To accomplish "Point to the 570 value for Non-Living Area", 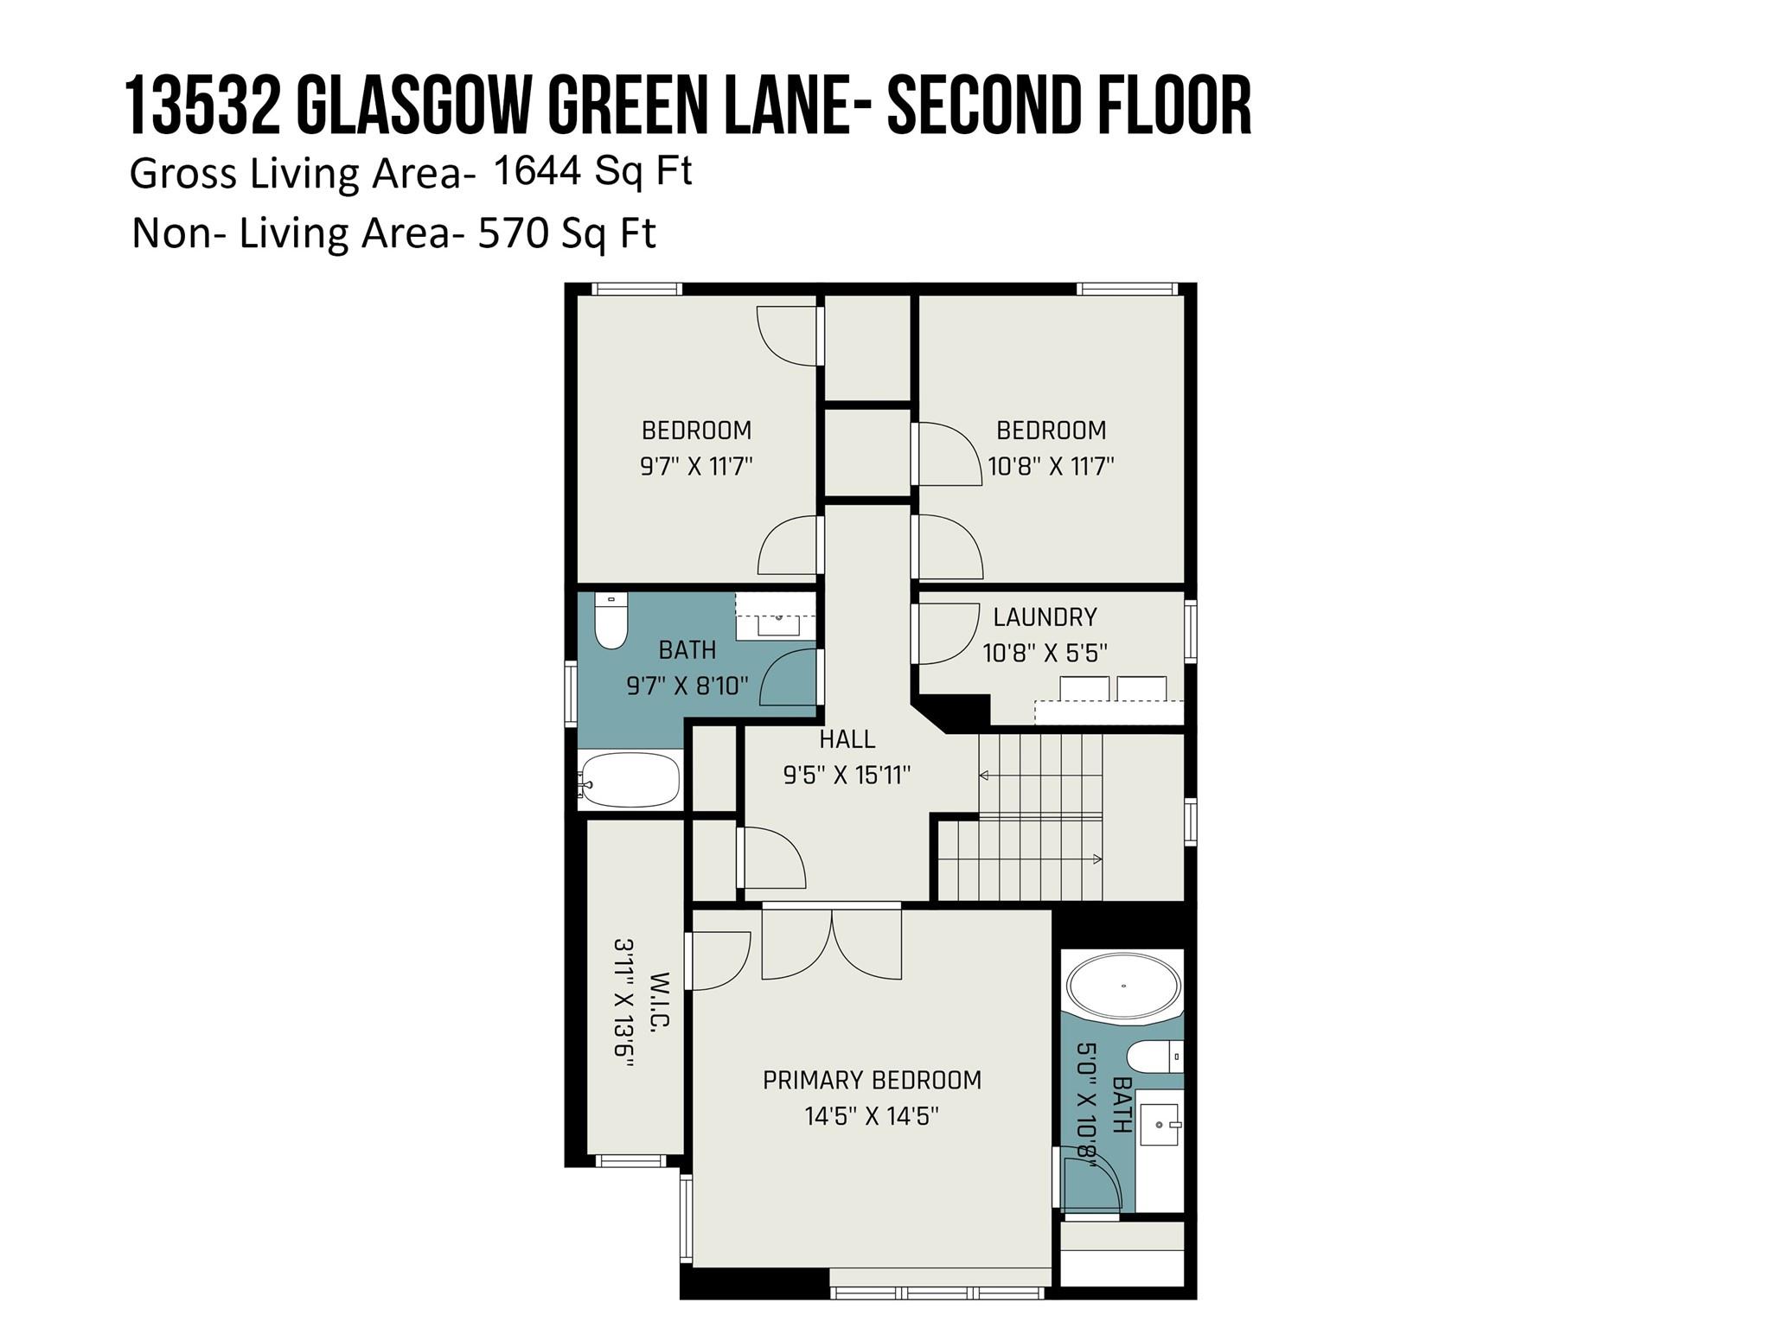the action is (x=514, y=233).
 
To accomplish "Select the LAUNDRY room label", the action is (x=1045, y=616).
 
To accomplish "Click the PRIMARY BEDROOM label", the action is (x=872, y=1080).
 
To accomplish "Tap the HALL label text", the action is (x=847, y=739).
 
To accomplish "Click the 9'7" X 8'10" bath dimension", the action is (x=687, y=686).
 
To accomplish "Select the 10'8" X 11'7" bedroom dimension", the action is (x=1051, y=466).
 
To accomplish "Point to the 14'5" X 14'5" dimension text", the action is (x=872, y=1116).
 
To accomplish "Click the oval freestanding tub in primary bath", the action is (x=1123, y=986).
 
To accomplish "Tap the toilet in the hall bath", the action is (x=611, y=622).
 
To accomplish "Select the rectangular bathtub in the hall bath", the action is (x=630, y=780).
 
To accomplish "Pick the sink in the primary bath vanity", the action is (x=1161, y=1125).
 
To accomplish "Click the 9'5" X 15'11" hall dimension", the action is (x=847, y=776).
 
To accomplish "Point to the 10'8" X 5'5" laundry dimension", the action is (x=1045, y=653).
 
